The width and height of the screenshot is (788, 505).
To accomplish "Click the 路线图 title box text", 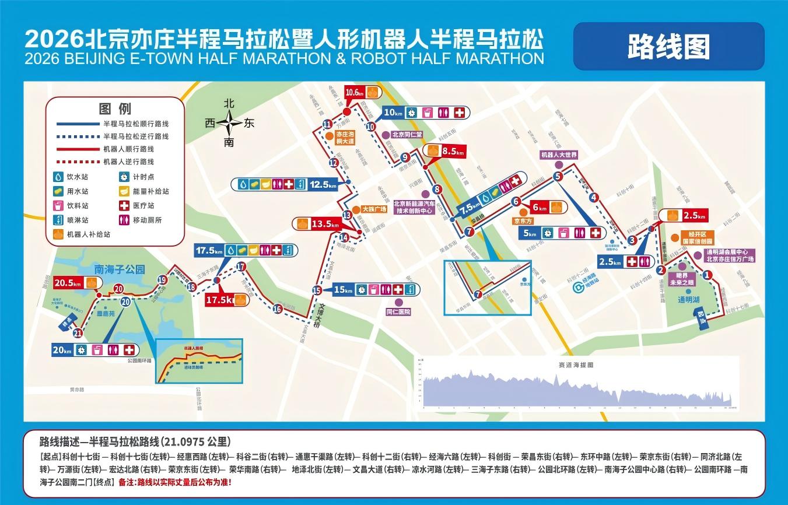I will (668, 47).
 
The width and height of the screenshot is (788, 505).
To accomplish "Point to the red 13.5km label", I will (325, 223).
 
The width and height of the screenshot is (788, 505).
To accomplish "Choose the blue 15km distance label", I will (344, 290).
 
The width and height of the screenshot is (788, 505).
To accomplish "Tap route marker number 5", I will (557, 176).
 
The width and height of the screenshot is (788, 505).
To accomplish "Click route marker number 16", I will (277, 308).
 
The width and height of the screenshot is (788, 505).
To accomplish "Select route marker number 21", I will (78, 333).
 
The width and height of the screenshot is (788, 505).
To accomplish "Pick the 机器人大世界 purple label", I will (559, 155).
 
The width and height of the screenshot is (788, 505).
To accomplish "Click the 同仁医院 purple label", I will (398, 312).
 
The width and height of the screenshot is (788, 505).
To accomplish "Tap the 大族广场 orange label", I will (374, 209).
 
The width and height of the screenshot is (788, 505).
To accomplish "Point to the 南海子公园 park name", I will (120, 269).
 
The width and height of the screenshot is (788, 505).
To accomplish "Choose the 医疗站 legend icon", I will (124, 206).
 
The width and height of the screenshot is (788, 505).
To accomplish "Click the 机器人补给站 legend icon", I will (58, 235).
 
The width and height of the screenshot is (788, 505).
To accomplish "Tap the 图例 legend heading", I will (115, 108).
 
